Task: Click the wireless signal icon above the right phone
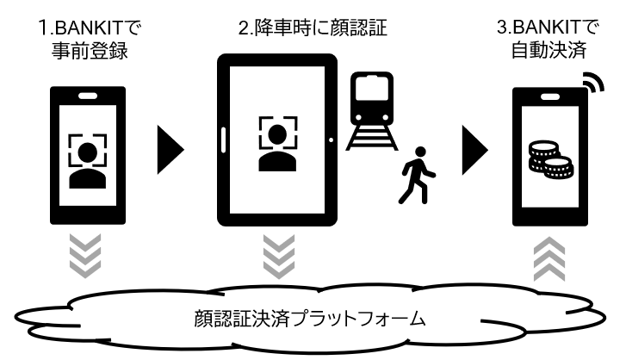click(592, 81)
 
